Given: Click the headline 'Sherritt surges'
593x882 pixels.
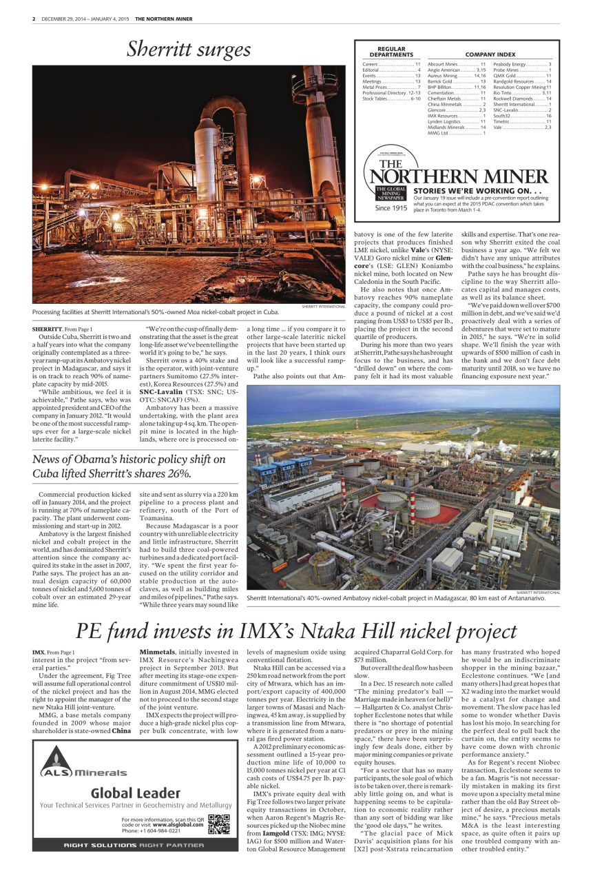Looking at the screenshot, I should coord(188,50).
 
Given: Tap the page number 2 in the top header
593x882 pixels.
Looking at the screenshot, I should coord(34,19).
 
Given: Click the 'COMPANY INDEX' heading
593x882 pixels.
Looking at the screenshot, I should coord(490,54).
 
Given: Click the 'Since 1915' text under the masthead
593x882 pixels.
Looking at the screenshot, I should coord(391,207).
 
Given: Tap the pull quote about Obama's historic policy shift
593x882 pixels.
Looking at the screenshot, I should coord(129,466).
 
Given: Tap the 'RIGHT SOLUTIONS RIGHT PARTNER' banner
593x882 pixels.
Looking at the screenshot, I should coord(134,844).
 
